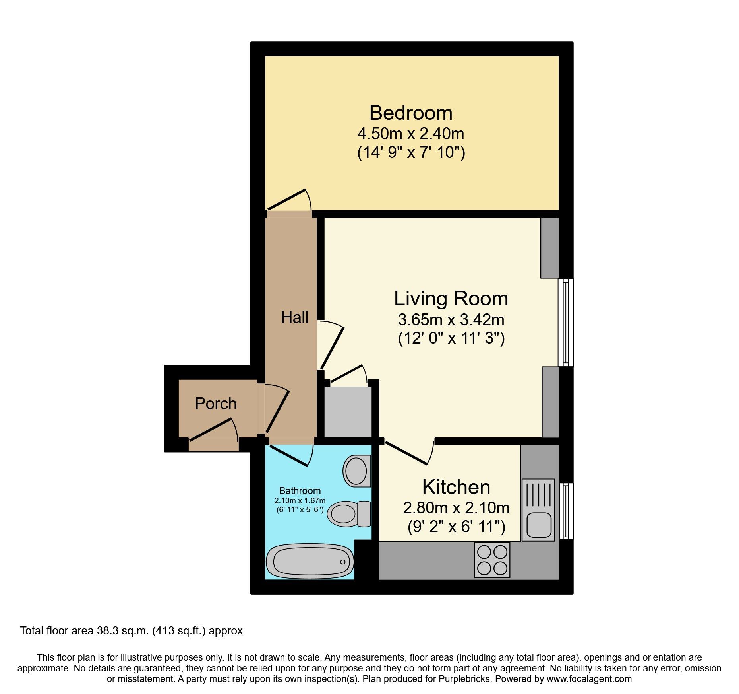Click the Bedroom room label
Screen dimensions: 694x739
point(411,113)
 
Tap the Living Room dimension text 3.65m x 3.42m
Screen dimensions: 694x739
point(451,320)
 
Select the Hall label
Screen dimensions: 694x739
point(294,317)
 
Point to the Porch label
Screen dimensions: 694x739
point(216,404)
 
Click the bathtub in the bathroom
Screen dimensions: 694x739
point(309,562)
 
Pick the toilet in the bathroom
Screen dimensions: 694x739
point(348,513)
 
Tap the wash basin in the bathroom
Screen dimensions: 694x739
point(356,471)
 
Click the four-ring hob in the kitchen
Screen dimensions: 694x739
point(492,560)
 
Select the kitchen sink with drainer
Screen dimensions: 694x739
point(538,510)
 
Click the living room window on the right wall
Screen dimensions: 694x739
point(566,323)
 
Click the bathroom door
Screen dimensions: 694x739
point(290,456)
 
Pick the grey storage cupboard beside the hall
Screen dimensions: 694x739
point(348,412)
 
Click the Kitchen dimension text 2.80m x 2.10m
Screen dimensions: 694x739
point(456,508)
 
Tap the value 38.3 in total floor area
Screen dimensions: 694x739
point(108,631)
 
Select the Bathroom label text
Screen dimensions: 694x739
point(300,491)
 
